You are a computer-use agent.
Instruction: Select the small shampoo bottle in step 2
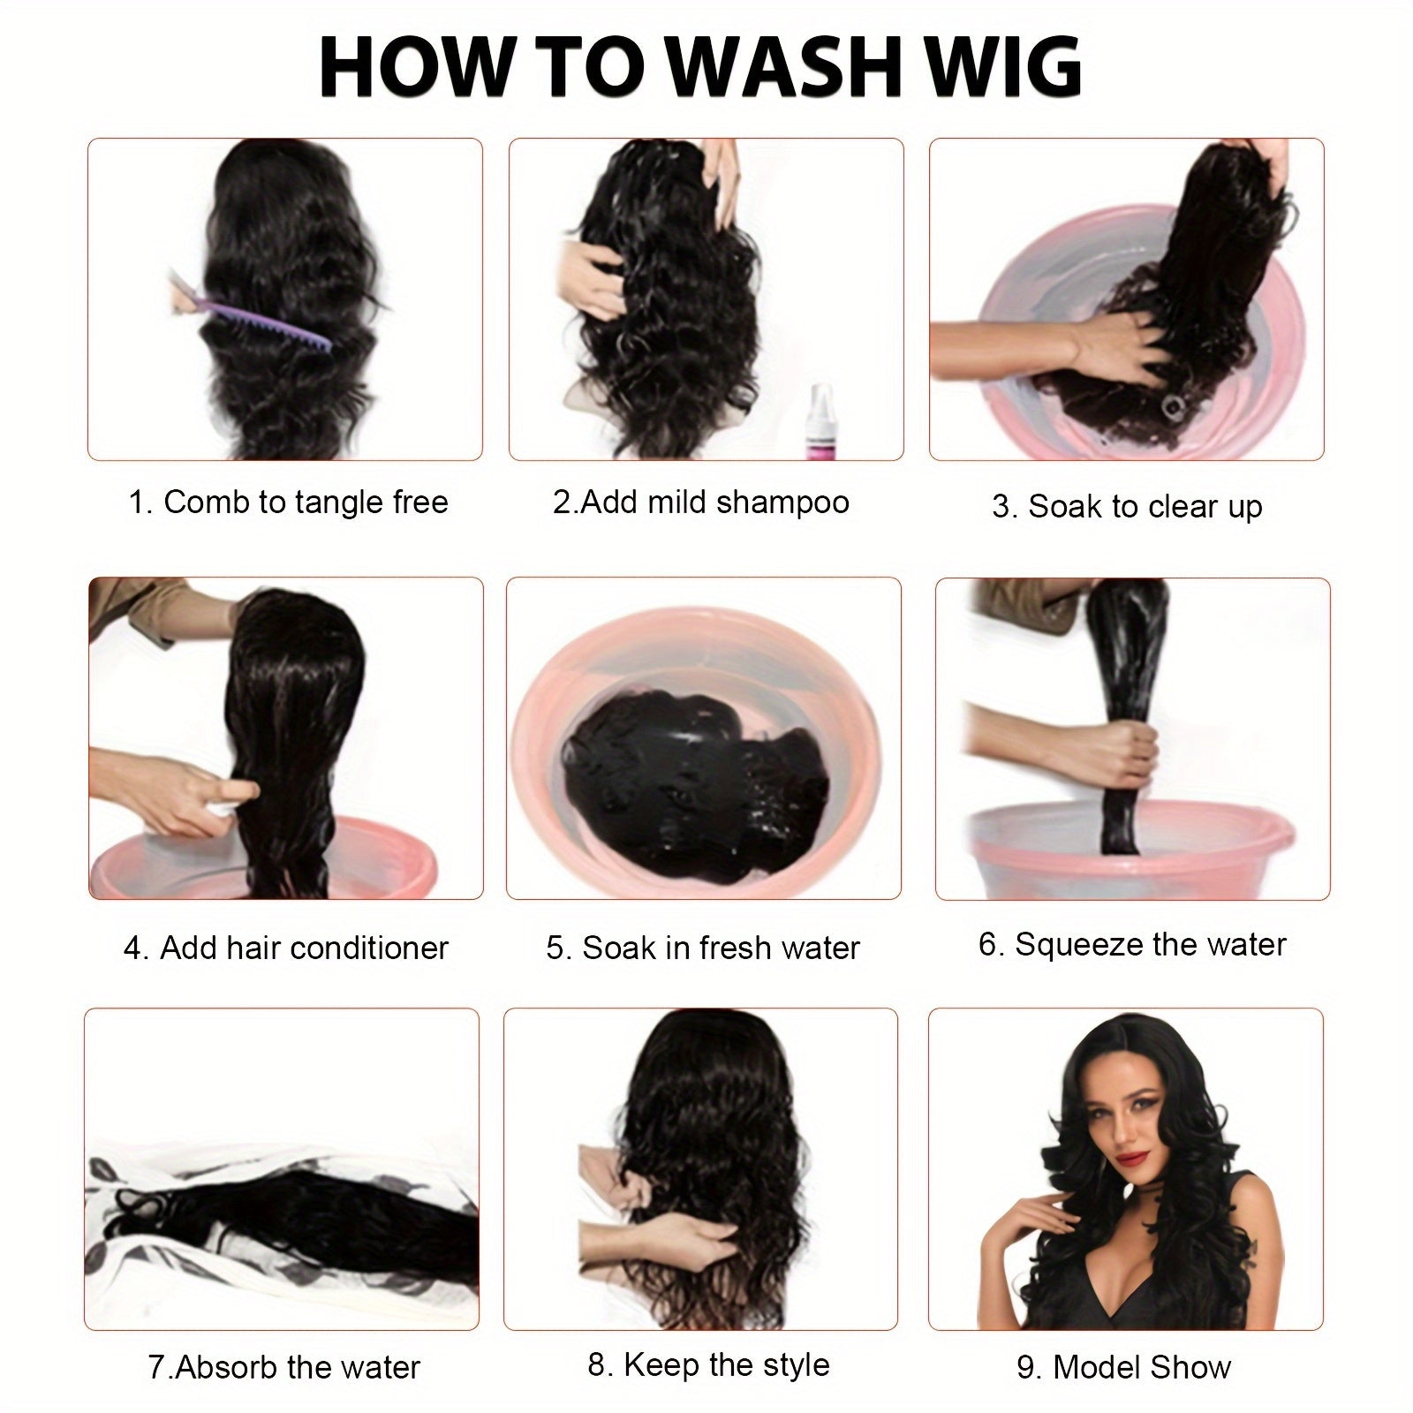click(821, 420)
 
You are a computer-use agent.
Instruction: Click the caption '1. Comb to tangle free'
click(289, 502)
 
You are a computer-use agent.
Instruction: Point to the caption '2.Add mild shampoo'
click(701, 502)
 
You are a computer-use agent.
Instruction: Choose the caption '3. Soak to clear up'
click(1127, 507)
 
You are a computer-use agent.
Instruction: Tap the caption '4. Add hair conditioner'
click(286, 948)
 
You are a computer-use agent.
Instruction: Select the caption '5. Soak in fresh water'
click(703, 948)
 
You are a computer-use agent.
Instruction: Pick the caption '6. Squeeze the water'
click(1132, 944)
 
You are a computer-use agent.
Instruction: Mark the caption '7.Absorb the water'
click(284, 1367)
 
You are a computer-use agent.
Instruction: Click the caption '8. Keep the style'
click(708, 1364)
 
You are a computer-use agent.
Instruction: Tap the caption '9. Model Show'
click(1123, 1367)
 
